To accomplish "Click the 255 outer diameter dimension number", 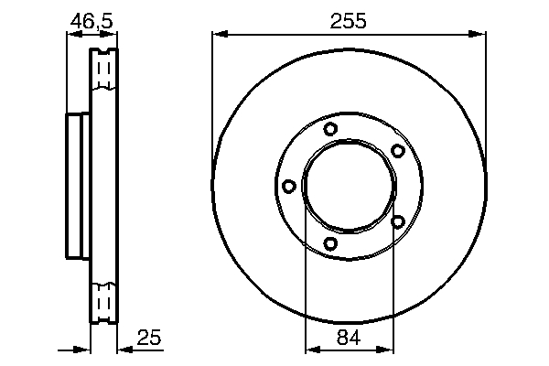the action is (348, 21).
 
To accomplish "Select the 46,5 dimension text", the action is (91, 21).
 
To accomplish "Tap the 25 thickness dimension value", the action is (149, 338).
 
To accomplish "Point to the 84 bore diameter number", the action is (349, 338).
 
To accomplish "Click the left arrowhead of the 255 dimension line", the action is (221, 34).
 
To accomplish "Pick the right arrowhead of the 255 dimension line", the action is (478, 34).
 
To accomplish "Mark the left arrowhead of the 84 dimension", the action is (313, 350).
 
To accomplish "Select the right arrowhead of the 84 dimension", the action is (385, 350).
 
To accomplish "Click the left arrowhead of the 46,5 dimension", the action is (74, 34).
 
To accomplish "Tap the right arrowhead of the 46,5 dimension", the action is (109, 34).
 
